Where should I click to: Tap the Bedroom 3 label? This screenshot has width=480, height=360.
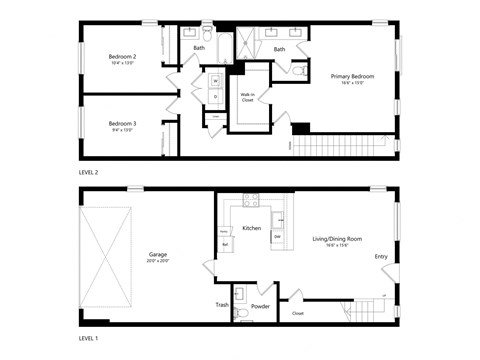pos(123,123)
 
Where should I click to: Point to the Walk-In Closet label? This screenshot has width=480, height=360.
pos(247,98)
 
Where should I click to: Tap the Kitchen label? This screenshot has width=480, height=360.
pos(252,229)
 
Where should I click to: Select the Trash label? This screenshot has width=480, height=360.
pos(222,305)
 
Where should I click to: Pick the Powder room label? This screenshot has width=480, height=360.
pos(261,306)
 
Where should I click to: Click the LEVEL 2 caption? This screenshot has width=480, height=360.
pos(89,172)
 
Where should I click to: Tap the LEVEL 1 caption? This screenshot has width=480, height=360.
pos(89,338)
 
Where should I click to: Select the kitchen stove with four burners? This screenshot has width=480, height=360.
pos(250,198)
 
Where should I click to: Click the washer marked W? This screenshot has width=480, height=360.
pos(214,81)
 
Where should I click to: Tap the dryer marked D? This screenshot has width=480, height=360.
pos(214,96)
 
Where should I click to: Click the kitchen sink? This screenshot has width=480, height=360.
pos(280,218)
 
